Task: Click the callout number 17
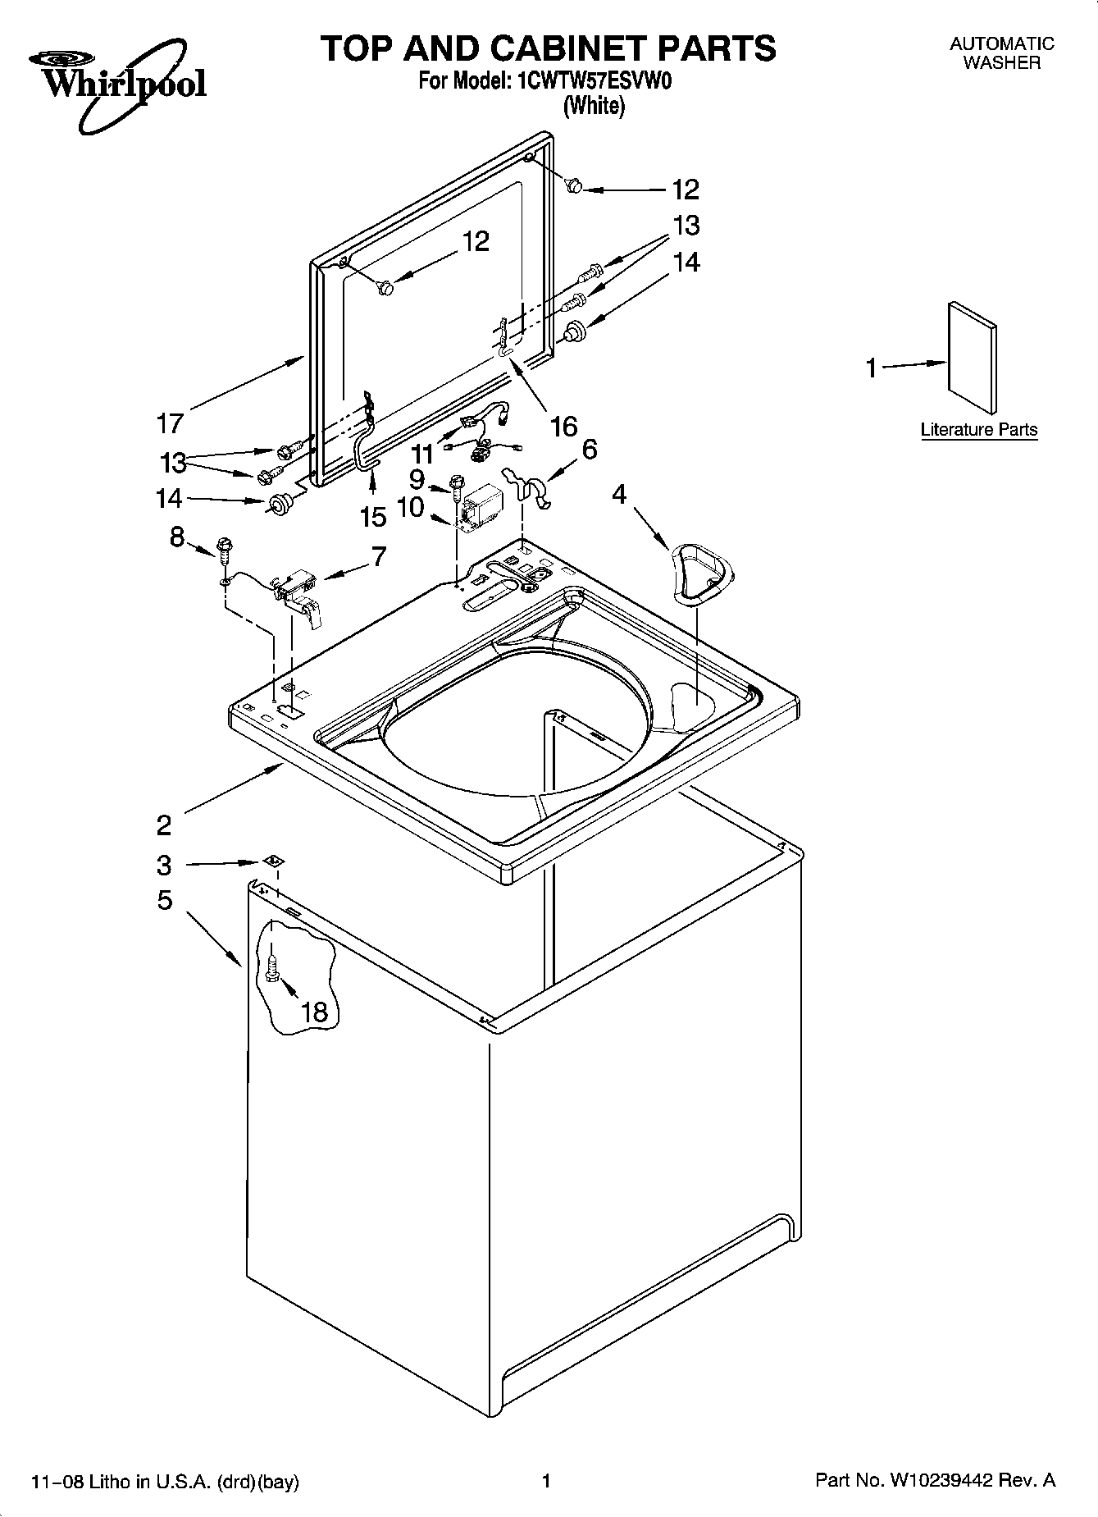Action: click(x=170, y=423)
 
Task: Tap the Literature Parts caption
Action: click(x=978, y=429)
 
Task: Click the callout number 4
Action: click(x=619, y=494)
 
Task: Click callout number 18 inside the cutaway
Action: click(x=314, y=1012)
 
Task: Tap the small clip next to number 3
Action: click(x=273, y=861)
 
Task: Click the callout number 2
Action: click(x=164, y=825)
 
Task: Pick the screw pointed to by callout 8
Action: click(x=222, y=547)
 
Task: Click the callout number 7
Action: click(x=378, y=556)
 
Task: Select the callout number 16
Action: click(x=563, y=426)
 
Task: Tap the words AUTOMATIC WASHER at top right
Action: click(x=1001, y=53)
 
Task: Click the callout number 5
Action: click(x=164, y=900)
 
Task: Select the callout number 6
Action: click(x=589, y=449)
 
